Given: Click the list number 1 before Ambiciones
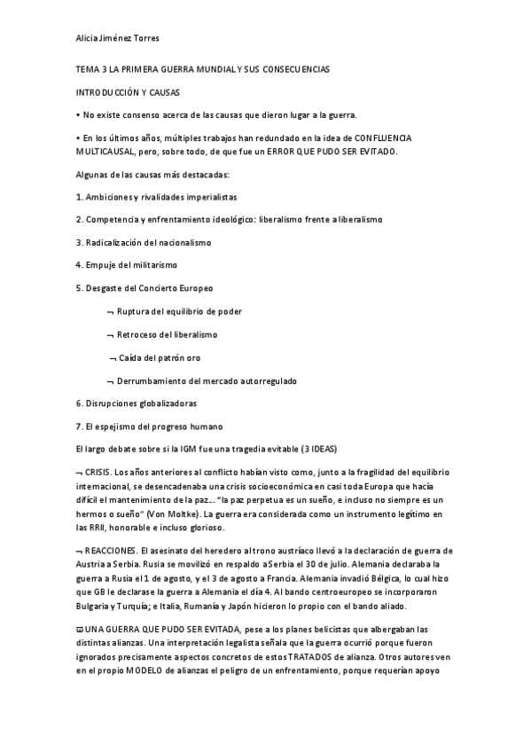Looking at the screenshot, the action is [79, 196].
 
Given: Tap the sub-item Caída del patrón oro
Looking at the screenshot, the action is [162, 358].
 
